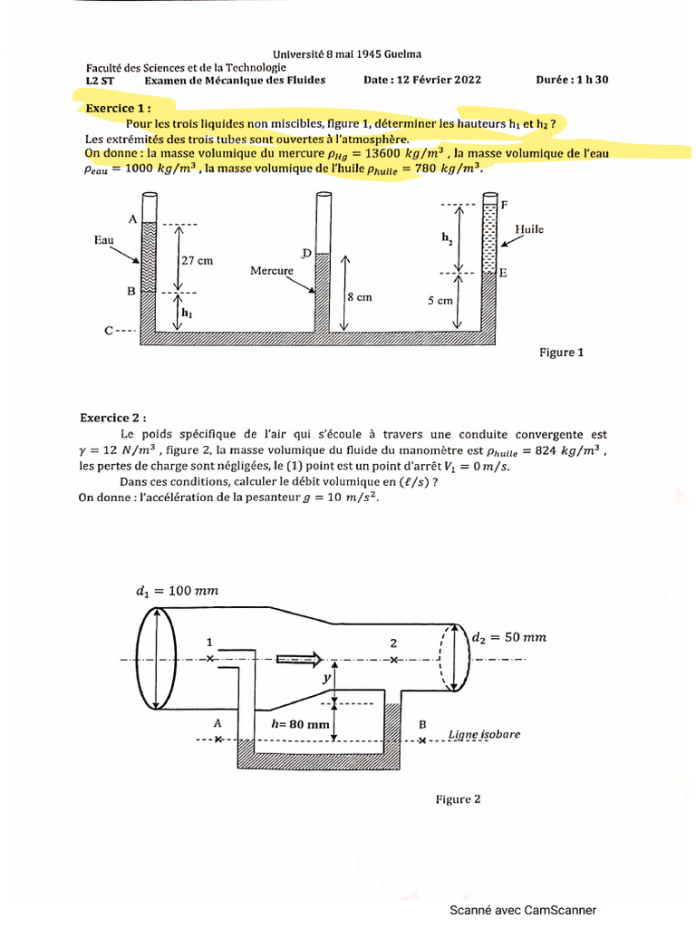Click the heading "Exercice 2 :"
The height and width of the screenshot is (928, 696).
click(112, 418)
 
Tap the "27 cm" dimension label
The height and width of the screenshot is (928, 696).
click(197, 260)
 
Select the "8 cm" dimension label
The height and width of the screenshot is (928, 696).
click(359, 296)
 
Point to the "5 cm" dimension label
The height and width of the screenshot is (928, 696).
click(440, 301)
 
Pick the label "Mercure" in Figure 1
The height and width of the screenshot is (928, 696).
click(272, 270)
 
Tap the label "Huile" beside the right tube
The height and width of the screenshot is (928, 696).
click(528, 229)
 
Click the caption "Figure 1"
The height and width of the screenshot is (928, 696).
click(562, 353)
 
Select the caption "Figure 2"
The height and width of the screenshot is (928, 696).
click(458, 798)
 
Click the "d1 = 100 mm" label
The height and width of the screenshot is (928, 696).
click(178, 591)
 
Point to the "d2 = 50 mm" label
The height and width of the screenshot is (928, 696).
click(508, 637)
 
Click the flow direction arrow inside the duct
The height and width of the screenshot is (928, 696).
click(299, 659)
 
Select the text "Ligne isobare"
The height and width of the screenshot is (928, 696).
click(485, 734)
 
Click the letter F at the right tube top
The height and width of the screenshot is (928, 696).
click(504, 206)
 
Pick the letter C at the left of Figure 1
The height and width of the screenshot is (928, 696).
click(108, 331)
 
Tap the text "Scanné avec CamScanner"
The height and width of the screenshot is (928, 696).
click(524, 911)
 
